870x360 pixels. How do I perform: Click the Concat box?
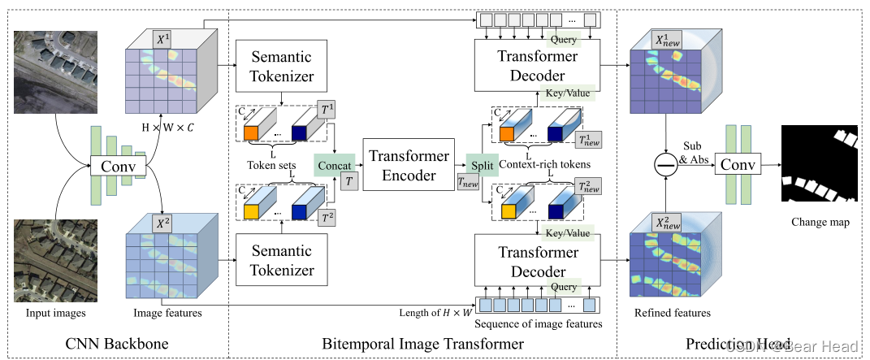335,165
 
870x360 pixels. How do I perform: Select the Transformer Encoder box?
406,165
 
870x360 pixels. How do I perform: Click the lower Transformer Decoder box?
539,262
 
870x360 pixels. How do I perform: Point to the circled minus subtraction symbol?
665,165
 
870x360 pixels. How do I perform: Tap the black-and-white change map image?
820,165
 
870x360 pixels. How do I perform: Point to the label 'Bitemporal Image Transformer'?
423,345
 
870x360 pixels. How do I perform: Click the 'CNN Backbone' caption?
117,345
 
